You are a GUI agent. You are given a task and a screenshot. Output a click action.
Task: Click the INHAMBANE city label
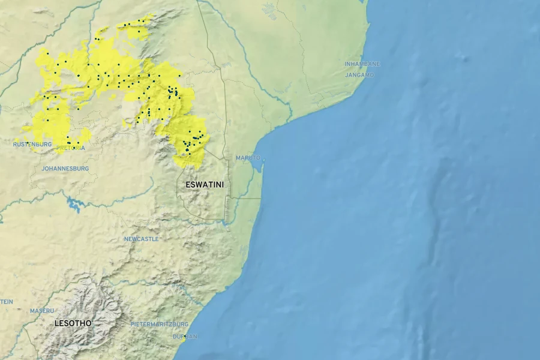pyautogui.click(x=362, y=64)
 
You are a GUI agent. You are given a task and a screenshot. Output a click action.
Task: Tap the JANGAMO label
pyautogui.click(x=359, y=75)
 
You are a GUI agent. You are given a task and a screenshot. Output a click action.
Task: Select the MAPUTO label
pyautogui.click(x=248, y=158)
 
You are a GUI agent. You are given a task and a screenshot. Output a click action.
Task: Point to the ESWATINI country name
pyautogui.click(x=205, y=185)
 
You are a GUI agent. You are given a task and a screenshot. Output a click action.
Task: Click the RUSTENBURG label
pyautogui.click(x=32, y=145)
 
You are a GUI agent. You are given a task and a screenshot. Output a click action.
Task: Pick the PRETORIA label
pyautogui.click(x=71, y=148)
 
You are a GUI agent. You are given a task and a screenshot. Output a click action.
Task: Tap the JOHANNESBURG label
pyautogui.click(x=65, y=169)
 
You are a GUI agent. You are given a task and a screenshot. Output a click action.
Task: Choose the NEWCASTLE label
pyautogui.click(x=142, y=239)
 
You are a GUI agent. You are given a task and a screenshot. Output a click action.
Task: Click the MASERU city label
pyautogui.click(x=42, y=311)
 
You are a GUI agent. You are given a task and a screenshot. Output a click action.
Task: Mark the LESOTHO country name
pyautogui.click(x=73, y=323)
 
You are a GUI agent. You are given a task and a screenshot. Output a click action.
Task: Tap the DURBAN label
pyautogui.click(x=185, y=337)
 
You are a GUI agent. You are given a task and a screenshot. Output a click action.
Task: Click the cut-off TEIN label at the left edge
pyautogui.click(x=6, y=301)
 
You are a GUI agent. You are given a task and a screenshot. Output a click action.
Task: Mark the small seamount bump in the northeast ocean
pyautogui.click(x=462, y=57)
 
